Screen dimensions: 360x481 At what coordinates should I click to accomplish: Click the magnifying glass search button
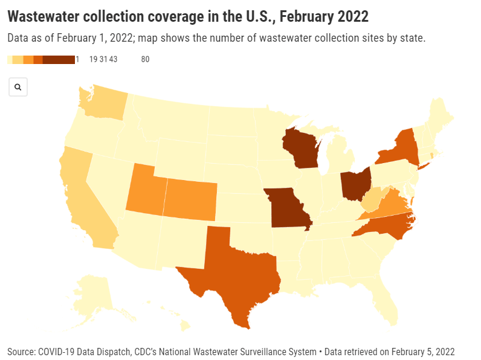(18, 87)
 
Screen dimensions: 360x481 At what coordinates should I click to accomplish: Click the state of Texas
(233, 272)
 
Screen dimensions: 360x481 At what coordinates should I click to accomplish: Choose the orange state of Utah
(144, 187)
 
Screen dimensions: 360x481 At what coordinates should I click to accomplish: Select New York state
(399, 148)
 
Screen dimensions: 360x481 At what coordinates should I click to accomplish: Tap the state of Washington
(102, 103)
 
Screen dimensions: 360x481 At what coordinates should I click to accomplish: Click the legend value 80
(145, 59)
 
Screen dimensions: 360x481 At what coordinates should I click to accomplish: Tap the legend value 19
(94, 59)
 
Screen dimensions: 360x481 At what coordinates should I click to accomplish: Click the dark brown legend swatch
(59, 59)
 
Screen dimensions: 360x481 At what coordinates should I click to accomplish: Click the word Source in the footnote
(21, 352)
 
